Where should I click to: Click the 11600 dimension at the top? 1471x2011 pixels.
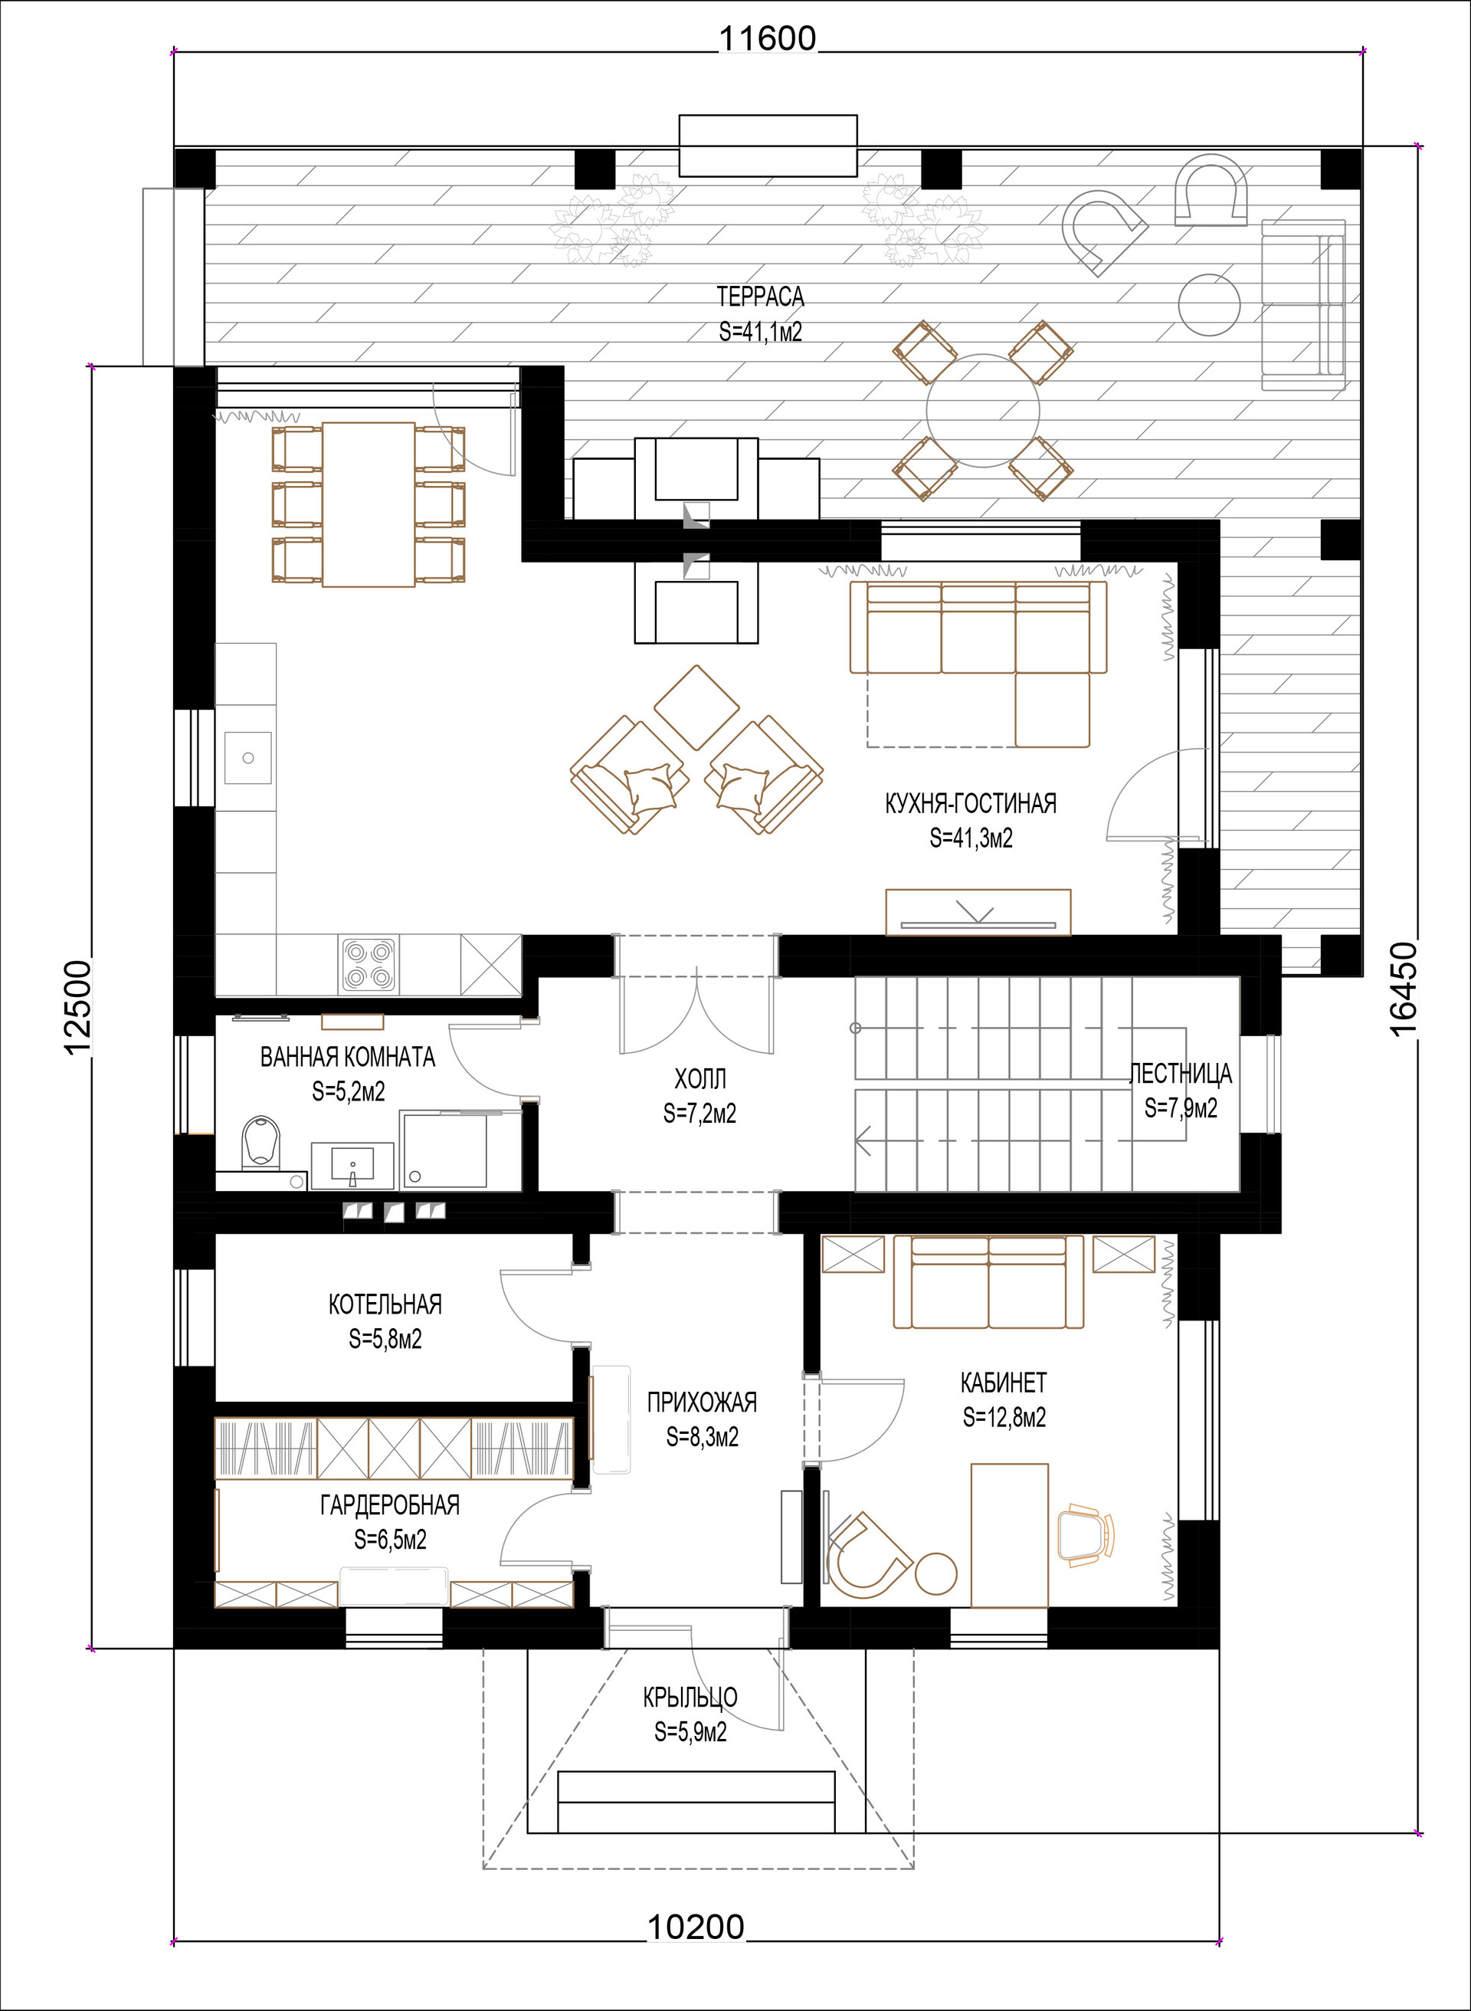pos(767,39)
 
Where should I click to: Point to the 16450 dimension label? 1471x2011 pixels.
pos(1404,989)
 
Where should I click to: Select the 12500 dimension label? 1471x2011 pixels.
pos(77,1006)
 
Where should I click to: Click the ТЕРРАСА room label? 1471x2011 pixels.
pos(761,297)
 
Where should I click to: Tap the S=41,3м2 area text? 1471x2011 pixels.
pos(971,838)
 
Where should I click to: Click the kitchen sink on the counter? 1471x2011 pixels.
pos(247,757)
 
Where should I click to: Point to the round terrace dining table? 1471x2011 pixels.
pos(983,411)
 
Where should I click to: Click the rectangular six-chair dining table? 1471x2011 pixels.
pos(369,504)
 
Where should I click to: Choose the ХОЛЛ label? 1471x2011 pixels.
pos(700,1078)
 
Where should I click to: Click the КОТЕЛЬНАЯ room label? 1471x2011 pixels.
pos(385,1304)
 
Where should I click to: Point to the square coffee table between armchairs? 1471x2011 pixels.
pos(696,708)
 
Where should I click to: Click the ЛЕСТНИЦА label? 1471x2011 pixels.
pos(1181,1073)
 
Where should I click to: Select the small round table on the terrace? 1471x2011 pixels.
pos(1209,304)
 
